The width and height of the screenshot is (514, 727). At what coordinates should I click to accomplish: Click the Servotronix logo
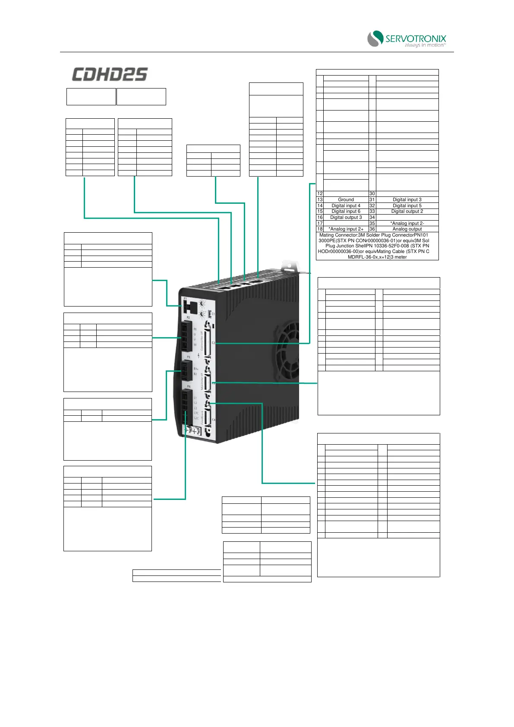pyautogui.click(x=406, y=39)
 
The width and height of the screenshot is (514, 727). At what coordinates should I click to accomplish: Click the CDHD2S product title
pyautogui.click(x=110, y=74)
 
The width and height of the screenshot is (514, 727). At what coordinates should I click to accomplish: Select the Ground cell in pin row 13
pyautogui.click(x=346, y=199)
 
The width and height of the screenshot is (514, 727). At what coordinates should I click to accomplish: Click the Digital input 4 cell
pyautogui.click(x=346, y=205)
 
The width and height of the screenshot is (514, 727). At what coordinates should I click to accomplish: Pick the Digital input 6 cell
pyautogui.click(x=346, y=211)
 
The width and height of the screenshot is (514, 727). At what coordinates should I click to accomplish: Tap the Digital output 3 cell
pyautogui.click(x=346, y=217)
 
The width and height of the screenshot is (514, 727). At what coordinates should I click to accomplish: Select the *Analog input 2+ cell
pyautogui.click(x=346, y=229)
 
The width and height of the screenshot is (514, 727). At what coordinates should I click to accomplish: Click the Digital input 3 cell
pyautogui.click(x=407, y=199)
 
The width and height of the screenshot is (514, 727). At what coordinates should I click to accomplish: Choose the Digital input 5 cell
pyautogui.click(x=407, y=205)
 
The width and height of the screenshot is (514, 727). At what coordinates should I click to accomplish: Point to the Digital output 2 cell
pyautogui.click(x=407, y=211)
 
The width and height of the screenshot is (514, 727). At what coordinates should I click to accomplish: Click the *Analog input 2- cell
pyautogui.click(x=407, y=223)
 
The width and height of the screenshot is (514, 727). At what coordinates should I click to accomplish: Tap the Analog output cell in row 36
pyautogui.click(x=407, y=229)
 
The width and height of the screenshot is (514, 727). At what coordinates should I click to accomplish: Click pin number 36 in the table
pyautogui.click(x=372, y=229)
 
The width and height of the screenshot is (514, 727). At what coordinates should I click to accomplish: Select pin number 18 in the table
pyautogui.click(x=320, y=229)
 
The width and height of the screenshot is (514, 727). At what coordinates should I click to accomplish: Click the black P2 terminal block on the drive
pyautogui.click(x=185, y=337)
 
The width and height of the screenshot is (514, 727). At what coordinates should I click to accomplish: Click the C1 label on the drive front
pyautogui.click(x=213, y=314)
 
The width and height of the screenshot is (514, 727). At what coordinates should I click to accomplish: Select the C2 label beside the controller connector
pyautogui.click(x=213, y=343)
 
